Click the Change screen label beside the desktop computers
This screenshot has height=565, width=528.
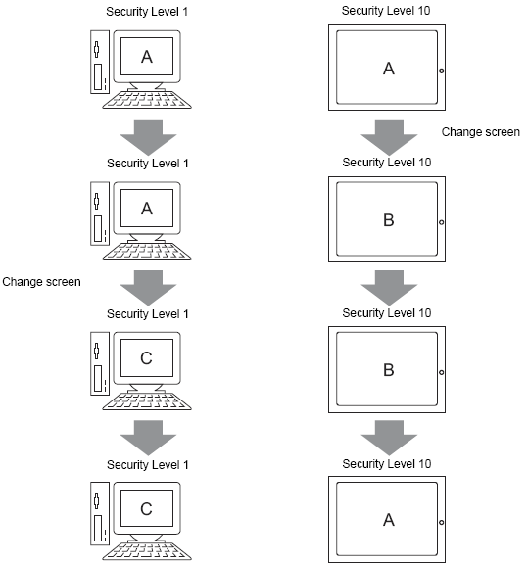click(x=41, y=282)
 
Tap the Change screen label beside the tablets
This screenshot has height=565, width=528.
click(x=481, y=132)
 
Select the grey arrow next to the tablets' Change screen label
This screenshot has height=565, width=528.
click(x=389, y=138)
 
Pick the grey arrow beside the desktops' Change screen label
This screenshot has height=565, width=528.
click(x=148, y=288)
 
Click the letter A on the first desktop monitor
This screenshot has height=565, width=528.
click(x=147, y=57)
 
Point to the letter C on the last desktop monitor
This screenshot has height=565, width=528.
click(x=146, y=509)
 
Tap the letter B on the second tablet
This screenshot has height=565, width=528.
click(x=389, y=220)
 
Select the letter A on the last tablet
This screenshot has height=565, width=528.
click(x=389, y=520)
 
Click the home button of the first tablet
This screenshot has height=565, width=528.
click(x=441, y=71)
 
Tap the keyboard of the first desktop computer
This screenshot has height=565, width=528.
click(x=147, y=99)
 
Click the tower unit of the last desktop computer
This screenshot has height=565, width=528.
click(x=100, y=513)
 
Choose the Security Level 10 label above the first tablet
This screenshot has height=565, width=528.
click(x=386, y=11)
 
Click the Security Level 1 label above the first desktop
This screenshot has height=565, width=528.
click(x=147, y=12)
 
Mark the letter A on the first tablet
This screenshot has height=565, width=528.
click(x=389, y=69)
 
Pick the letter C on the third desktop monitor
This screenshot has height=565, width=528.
click(x=146, y=358)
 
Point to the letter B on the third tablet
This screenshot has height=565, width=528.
click(x=389, y=370)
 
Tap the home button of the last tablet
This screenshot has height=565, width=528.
click(x=441, y=522)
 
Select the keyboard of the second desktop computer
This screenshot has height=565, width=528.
click(x=147, y=251)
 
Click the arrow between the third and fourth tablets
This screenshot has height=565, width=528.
click(x=389, y=438)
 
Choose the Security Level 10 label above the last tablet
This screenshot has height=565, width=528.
click(x=387, y=464)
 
